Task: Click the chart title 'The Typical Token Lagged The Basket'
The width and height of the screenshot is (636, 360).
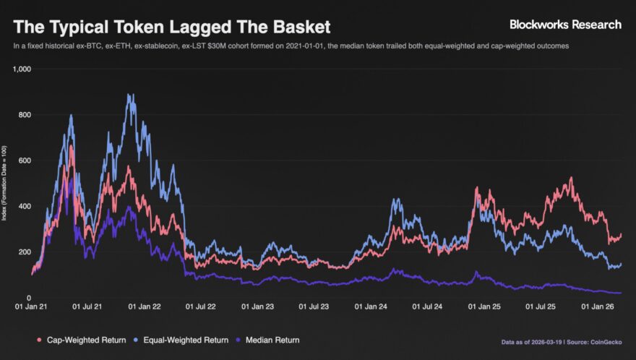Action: point(172,27)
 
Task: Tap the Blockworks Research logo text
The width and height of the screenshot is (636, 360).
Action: point(565,25)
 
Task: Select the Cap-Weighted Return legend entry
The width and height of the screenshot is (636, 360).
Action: point(79,340)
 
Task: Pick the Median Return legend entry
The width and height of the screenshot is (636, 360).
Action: point(272,340)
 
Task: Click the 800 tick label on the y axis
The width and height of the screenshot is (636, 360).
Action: point(25,114)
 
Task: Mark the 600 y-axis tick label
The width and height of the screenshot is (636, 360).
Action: point(25,160)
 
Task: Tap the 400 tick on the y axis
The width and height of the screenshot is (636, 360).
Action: point(25,206)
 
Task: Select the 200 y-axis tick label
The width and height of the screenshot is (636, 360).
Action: point(25,252)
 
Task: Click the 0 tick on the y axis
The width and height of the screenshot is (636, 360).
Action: point(28,298)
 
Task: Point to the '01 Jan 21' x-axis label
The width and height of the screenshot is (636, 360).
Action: point(31,307)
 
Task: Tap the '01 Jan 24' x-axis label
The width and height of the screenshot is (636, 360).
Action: point(371,307)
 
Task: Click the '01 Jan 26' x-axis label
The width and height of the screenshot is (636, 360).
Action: point(598,307)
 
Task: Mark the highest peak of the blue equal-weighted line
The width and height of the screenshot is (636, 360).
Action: point(129,95)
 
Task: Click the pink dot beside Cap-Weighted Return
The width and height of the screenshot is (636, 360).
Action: point(38,340)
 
